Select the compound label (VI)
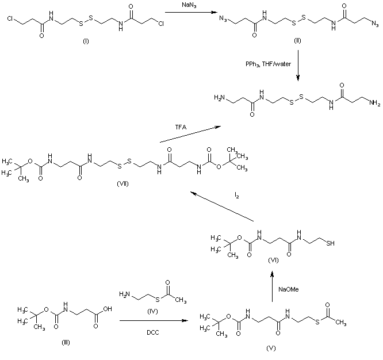pos(273,261)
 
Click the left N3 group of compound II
pos(221,21)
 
